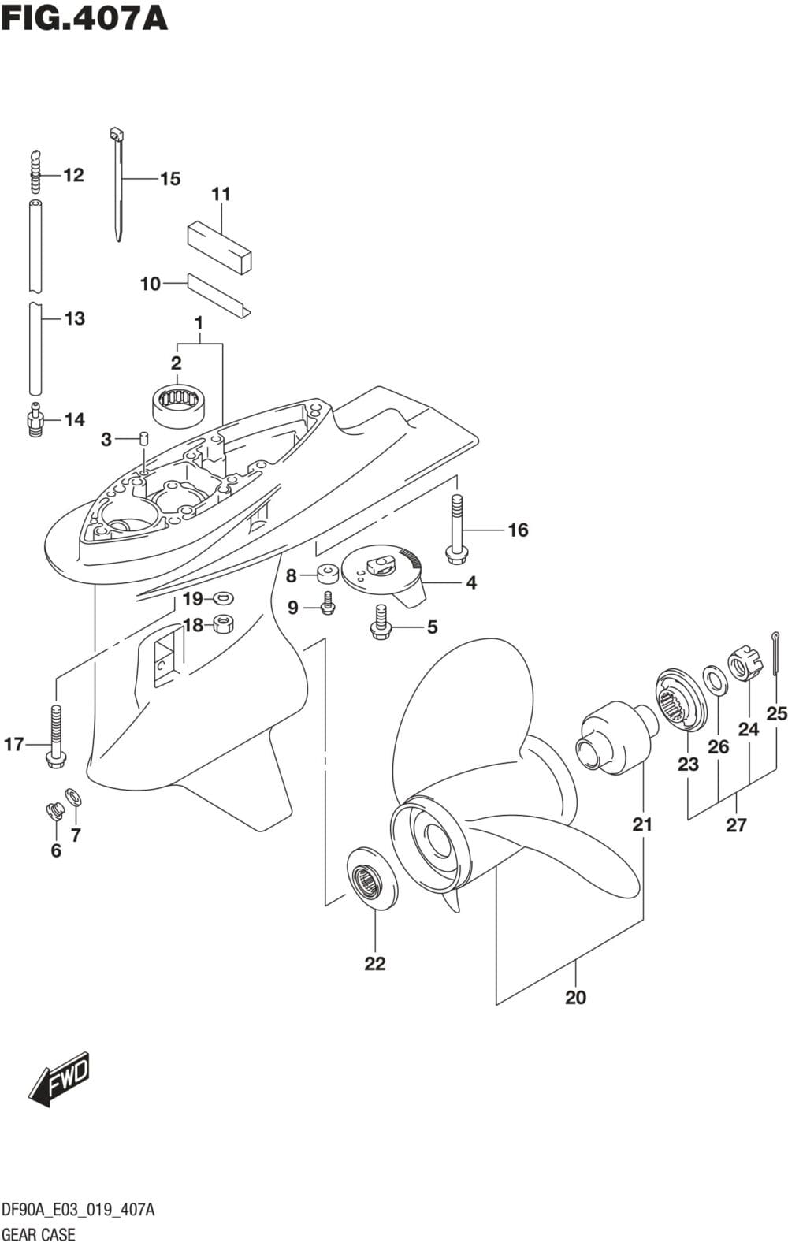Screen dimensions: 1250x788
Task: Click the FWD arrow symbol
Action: tap(60, 1077)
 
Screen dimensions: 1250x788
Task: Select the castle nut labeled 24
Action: tap(746, 664)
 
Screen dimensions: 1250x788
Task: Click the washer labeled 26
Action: tap(716, 679)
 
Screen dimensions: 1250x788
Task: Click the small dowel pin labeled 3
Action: tap(143, 438)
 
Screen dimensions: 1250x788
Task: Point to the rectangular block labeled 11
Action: tap(219, 245)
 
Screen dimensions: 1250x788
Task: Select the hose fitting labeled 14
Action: tap(35, 420)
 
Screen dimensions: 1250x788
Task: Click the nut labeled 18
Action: tap(221, 625)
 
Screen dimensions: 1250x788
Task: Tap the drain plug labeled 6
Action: tap(55, 809)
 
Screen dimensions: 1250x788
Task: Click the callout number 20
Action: tap(576, 997)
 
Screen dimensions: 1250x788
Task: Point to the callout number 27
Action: tap(736, 825)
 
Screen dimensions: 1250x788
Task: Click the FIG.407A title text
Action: tap(84, 17)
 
